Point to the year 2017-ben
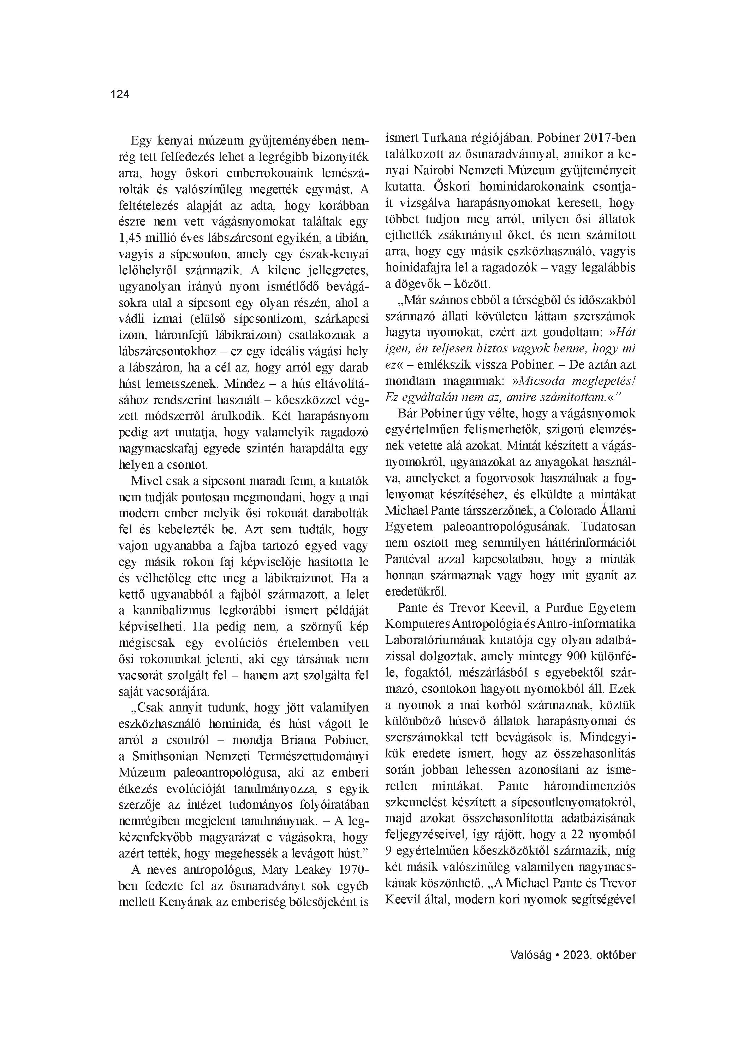[x=609, y=138]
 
